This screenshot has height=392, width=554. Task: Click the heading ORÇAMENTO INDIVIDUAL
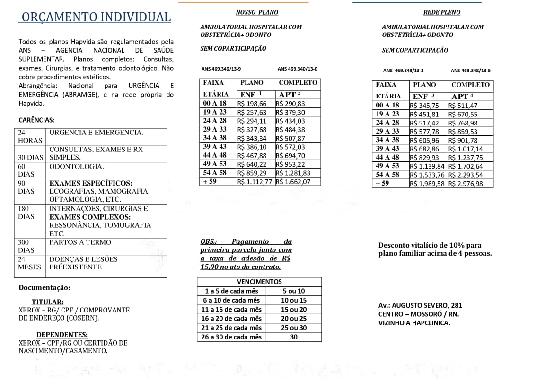click(95, 17)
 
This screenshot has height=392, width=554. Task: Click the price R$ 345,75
click(428, 106)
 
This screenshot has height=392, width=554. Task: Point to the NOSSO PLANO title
click(257, 12)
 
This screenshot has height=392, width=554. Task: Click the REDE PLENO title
click(441, 12)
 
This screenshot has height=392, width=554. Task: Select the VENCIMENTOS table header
click(259, 282)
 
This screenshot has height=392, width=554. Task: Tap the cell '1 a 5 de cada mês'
click(231, 291)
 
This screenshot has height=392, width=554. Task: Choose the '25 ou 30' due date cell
click(294, 328)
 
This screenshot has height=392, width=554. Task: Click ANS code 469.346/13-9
click(221, 69)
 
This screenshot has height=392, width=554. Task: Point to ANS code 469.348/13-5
click(470, 71)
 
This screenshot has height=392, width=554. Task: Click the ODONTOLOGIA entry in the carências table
click(76, 167)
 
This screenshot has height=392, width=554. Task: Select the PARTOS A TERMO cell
click(80, 242)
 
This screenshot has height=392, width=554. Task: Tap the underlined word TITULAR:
click(47, 302)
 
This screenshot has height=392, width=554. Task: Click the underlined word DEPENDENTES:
click(62, 335)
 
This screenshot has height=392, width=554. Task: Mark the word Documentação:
click(44, 288)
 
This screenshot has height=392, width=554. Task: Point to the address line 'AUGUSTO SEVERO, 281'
click(420, 305)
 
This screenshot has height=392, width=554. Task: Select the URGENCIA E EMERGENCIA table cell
click(96, 133)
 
